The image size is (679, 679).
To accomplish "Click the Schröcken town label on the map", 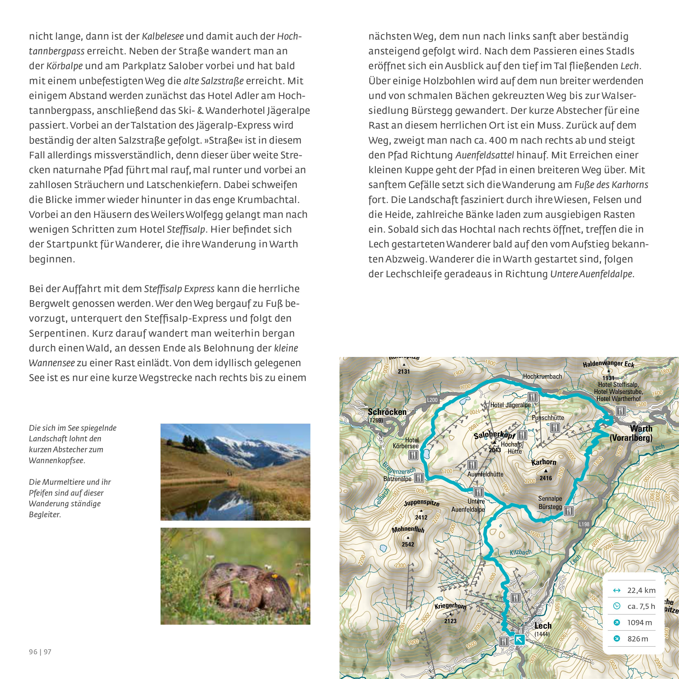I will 387,412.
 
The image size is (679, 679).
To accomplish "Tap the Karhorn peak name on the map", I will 544,462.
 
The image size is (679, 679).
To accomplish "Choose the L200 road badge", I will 432,400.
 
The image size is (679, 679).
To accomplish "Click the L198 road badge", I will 584,524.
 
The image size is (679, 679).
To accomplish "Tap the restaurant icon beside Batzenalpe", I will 419,478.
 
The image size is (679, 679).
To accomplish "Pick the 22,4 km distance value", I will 641,590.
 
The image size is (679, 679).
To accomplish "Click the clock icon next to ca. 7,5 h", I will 616,606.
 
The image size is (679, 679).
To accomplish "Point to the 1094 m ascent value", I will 640,622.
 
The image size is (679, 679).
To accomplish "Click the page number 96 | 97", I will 40,652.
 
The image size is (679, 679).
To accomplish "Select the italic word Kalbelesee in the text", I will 163,36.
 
